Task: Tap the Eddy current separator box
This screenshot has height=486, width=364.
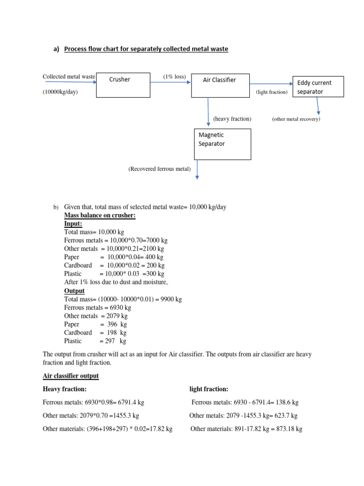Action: click(x=318, y=87)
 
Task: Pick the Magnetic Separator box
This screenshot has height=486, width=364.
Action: click(x=222, y=144)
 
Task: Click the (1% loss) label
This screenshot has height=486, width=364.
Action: click(x=174, y=76)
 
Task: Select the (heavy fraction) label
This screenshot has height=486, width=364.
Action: click(x=232, y=119)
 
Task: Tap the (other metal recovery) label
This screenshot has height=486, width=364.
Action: click(x=296, y=119)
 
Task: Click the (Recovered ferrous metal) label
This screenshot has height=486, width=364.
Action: click(x=159, y=169)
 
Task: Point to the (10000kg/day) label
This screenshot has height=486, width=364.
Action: click(x=60, y=92)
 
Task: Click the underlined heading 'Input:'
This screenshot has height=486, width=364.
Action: click(x=73, y=224)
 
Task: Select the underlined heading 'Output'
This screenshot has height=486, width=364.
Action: click(x=74, y=290)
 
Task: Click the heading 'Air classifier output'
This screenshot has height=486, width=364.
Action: click(x=71, y=376)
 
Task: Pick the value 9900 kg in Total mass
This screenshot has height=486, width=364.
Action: click(x=172, y=299)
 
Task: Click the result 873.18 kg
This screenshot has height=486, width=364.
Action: click(x=289, y=429)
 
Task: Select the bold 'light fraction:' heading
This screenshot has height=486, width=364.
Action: click(x=209, y=389)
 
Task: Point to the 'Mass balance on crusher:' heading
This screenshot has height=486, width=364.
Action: click(x=100, y=215)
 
